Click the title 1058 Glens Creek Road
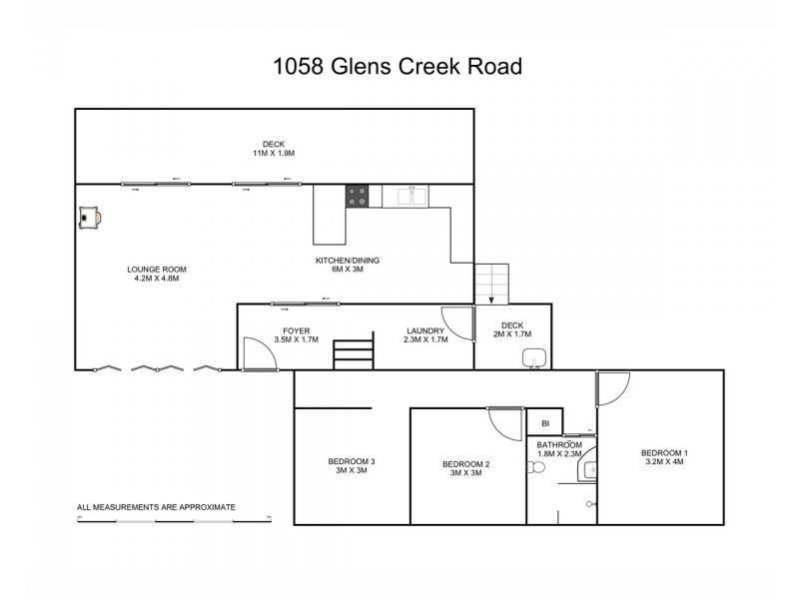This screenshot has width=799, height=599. tap(398, 67)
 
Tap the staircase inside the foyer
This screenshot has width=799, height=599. tap(353, 353)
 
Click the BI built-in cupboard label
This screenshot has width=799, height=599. tap(544, 423)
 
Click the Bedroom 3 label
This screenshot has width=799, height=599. tap(352, 466)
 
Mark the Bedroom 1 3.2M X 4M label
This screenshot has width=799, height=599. tap(664, 458)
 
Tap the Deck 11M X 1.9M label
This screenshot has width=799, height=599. tap(273, 148)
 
